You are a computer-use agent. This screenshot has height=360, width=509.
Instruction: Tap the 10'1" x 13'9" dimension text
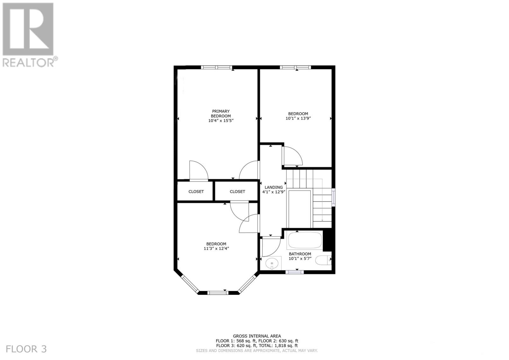click(298, 118)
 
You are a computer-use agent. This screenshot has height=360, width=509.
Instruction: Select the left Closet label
click(196, 192)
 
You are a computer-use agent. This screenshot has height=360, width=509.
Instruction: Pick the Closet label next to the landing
click(237, 192)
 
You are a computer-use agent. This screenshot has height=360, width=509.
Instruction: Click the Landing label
click(274, 187)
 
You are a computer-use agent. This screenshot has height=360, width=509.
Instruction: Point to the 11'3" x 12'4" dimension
click(216, 249)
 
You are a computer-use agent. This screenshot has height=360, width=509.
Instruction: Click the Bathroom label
click(300, 254)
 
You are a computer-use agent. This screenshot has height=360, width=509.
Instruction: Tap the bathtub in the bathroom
click(304, 240)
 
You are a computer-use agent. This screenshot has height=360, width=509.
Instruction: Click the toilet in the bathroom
click(324, 260)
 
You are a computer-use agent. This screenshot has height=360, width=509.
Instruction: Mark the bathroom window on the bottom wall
click(294, 272)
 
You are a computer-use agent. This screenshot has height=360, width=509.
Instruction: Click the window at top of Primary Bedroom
click(217, 67)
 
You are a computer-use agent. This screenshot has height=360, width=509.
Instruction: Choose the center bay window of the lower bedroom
click(218, 293)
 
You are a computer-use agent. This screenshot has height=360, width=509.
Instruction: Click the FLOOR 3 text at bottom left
click(26, 349)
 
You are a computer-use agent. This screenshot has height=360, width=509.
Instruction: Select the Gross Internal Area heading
click(257, 336)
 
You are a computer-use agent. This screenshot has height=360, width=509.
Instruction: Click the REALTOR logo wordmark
click(29, 62)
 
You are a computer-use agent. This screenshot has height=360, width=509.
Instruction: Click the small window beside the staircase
click(333, 197)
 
